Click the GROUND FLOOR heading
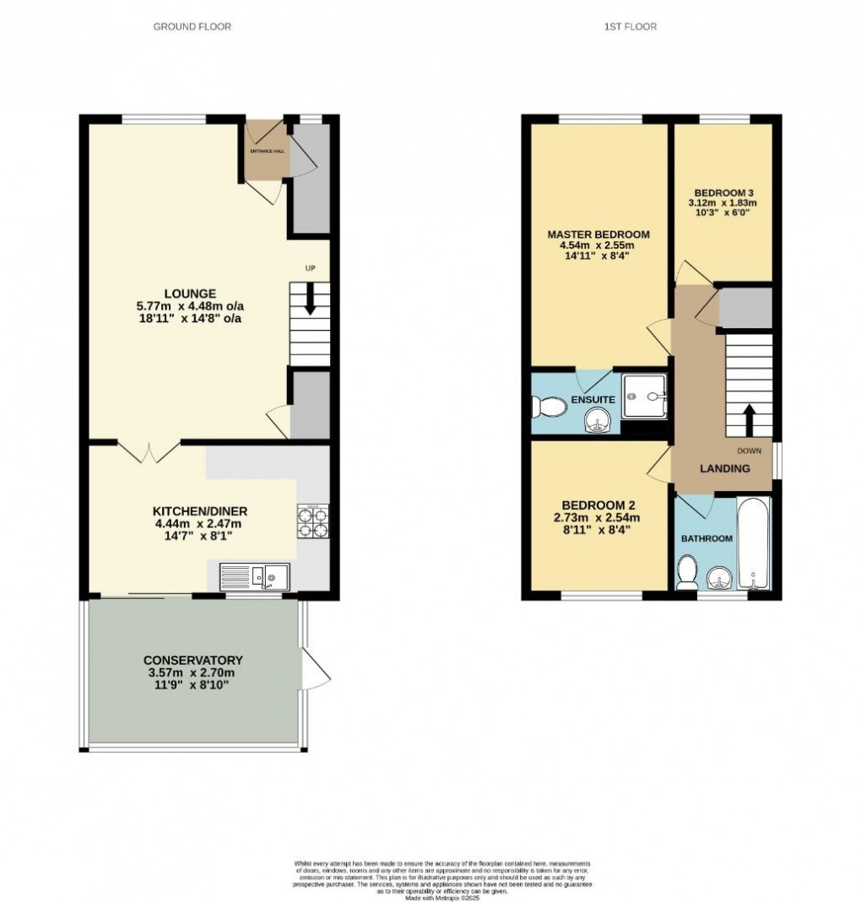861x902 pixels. [192, 27]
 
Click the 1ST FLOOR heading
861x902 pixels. [630, 27]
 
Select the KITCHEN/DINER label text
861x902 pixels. [199, 511]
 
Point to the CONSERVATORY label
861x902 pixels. [193, 660]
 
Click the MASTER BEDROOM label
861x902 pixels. [598, 235]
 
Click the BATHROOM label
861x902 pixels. [707, 537]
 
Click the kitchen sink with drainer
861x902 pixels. [255, 576]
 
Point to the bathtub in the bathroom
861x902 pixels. [753, 544]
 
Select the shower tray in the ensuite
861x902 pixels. [644, 396]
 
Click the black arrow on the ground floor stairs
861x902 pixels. [310, 300]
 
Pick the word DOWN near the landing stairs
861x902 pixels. [749, 450]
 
